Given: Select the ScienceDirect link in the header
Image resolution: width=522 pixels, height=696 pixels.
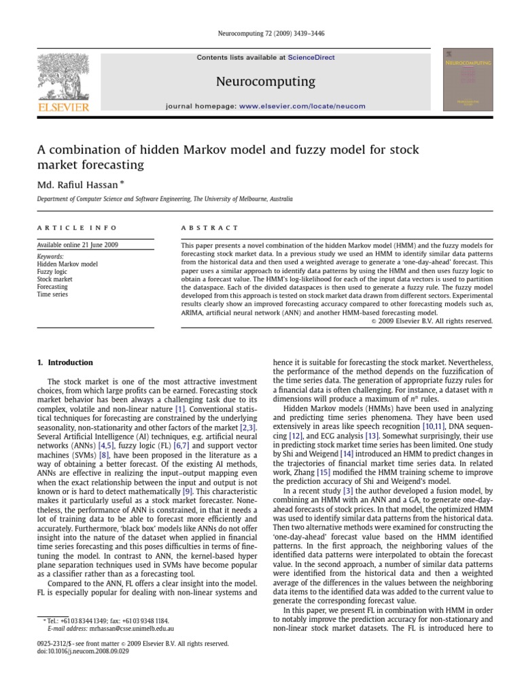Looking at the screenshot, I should coord(311,58).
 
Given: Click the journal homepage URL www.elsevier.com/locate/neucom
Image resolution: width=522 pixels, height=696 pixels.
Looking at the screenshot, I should coord(302,106).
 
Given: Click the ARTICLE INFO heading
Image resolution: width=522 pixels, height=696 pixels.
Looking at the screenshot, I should coord(77,228).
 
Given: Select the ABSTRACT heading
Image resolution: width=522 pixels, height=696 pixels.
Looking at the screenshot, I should coord(209,228).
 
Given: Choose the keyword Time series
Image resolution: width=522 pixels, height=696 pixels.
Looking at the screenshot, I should coord(52,295).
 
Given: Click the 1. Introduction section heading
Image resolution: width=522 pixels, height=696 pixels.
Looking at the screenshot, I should coord(65,363).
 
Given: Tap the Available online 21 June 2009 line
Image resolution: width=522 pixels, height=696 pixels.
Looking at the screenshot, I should coord(77,244).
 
